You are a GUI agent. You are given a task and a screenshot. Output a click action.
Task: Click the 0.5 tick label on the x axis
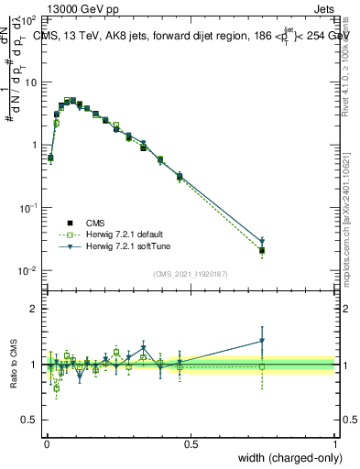coord(191,442)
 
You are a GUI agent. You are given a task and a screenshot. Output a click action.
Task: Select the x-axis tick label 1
coord(335,442)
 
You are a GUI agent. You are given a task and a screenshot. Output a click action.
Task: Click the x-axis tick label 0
coord(47,442)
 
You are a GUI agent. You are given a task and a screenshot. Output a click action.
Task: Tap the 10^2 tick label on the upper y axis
coord(29,19)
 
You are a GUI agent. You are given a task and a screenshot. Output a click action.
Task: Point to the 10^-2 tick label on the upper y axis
coord(29,270)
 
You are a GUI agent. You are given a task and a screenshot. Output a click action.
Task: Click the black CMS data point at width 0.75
coord(262,250)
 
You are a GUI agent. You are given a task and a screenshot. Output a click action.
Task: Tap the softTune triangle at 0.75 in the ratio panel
coord(262,341)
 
